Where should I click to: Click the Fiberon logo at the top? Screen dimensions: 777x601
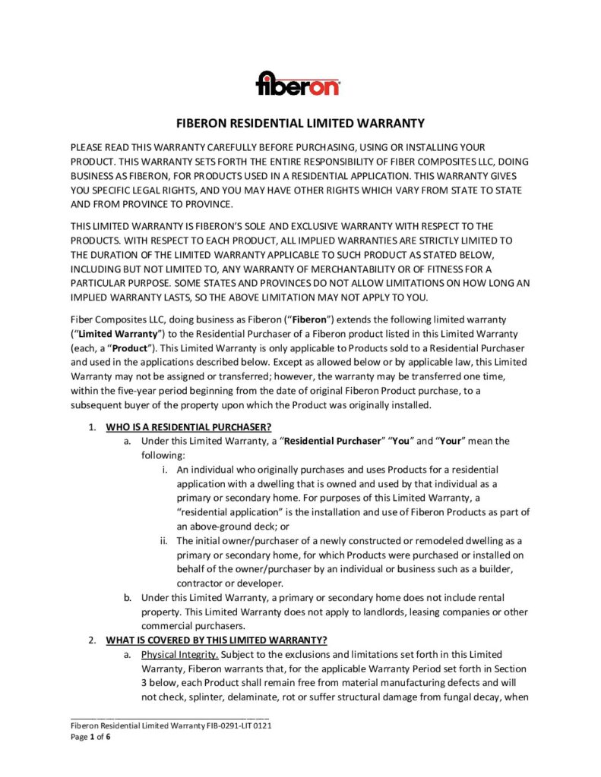(x=298, y=82)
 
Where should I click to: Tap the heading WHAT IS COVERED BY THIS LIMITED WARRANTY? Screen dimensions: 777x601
(x=217, y=640)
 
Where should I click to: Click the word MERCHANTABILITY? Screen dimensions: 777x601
(x=340, y=269)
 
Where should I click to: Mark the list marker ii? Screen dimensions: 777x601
(x=163, y=540)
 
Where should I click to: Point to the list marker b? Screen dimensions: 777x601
(x=128, y=597)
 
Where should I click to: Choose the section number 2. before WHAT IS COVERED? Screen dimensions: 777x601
(x=91, y=640)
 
